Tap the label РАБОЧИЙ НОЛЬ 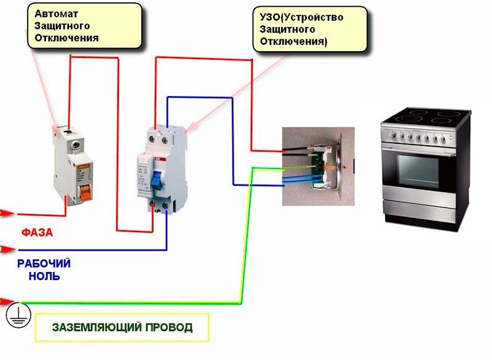[x=44, y=270]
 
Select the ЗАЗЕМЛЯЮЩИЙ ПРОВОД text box [x=122, y=327]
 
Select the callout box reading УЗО [x=310, y=30]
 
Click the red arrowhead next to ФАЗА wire [x=7, y=213]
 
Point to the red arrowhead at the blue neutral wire [x=7, y=249]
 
